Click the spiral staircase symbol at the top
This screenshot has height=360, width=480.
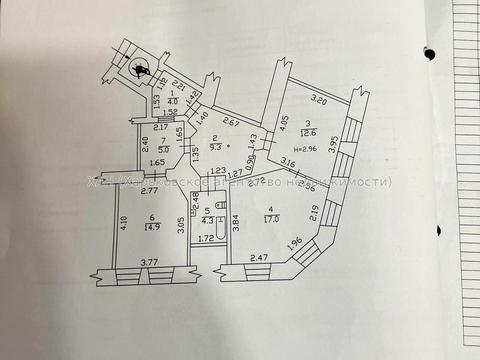(136, 68)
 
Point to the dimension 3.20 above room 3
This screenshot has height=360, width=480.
(319, 98)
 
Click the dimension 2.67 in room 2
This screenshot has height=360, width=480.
(231, 122)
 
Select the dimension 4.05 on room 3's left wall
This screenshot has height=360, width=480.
(284, 124)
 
